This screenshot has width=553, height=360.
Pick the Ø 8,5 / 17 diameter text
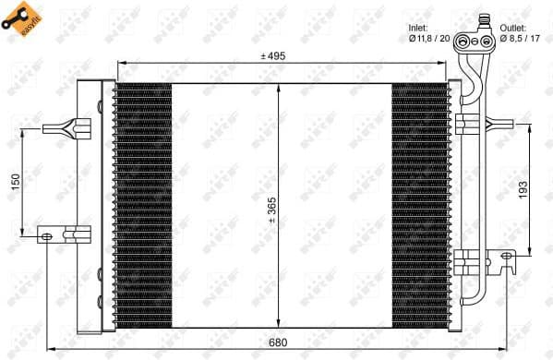(x=519, y=39)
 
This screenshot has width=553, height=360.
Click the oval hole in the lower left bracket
(x=46, y=237)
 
